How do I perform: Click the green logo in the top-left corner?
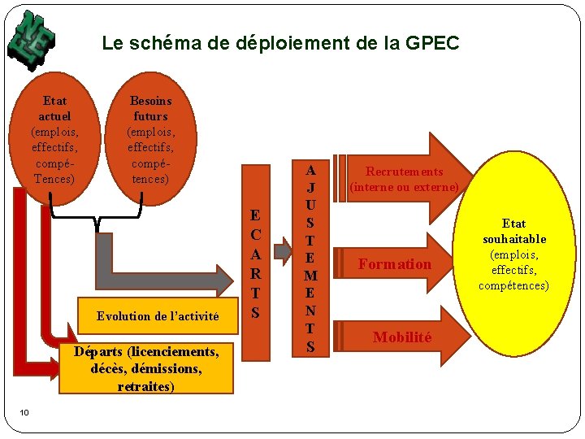(x=32, y=38)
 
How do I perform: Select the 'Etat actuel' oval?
(x=54, y=139)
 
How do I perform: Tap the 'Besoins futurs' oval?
(x=150, y=139)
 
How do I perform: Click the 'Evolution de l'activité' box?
(x=158, y=316)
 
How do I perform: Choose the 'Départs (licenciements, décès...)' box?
(x=146, y=368)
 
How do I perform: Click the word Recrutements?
(x=404, y=172)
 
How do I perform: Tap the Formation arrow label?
(x=395, y=264)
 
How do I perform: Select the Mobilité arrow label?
(x=401, y=337)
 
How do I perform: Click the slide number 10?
(x=24, y=412)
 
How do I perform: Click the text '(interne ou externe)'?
(x=404, y=187)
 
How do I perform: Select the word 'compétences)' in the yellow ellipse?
(x=513, y=285)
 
